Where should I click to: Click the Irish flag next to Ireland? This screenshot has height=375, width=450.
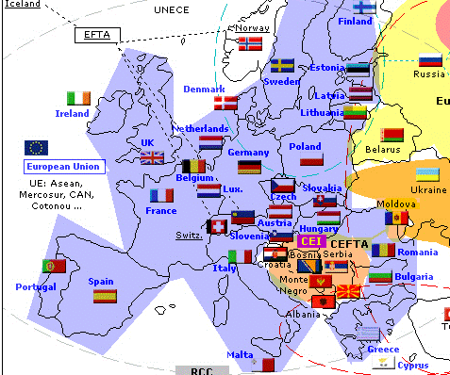(78, 98)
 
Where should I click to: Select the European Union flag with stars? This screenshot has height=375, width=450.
(37, 147)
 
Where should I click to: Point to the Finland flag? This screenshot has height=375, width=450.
(364, 8)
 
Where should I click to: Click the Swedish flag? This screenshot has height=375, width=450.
(282, 66)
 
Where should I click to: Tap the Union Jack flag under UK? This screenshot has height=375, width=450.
(152, 157)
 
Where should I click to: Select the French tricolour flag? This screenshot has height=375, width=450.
(161, 196)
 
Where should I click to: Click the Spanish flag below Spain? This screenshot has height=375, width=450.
(105, 296)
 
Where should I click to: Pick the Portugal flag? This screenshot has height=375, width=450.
(54, 267)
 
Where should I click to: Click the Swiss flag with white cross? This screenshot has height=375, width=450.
(218, 227)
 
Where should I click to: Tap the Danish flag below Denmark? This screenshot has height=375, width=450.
(225, 103)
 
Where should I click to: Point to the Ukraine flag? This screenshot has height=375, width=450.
(427, 175)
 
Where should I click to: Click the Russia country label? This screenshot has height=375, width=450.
(429, 74)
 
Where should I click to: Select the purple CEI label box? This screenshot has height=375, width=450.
(310, 242)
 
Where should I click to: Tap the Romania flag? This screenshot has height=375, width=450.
(382, 250)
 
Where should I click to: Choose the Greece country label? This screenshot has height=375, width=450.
(382, 349)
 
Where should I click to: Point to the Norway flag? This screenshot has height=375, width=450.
(250, 43)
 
